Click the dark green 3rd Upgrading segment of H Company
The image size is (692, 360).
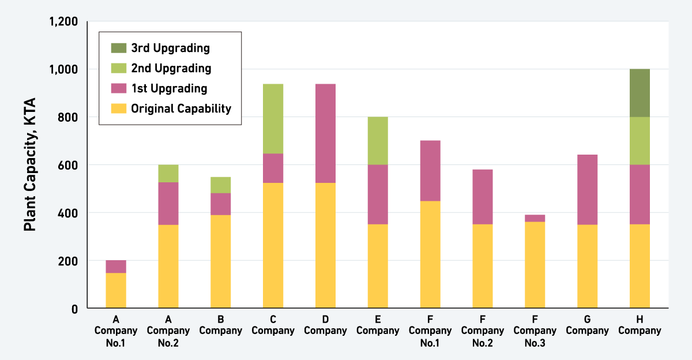pos(640,93)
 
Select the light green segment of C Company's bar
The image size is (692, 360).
pos(273,119)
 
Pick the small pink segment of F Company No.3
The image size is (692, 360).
pos(535,218)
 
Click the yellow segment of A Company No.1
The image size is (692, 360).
pos(116,290)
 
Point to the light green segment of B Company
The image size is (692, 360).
pos(220,185)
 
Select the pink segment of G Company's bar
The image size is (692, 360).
pos(587,189)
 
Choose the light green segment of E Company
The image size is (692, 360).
pos(378,141)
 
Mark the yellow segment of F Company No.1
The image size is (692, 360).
pos(430,254)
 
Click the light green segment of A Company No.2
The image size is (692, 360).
pos(168,173)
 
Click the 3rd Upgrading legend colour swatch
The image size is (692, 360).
pos(118,48)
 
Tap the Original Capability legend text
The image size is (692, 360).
pos(180,108)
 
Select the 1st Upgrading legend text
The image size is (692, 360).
pos(169,88)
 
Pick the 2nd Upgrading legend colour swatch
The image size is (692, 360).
pos(118,68)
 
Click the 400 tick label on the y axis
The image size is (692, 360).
pos(69,213)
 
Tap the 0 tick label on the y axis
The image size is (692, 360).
pos(74,309)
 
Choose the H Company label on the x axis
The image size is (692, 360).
pos(640,325)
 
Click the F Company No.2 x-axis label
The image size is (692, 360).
pos(483,331)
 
